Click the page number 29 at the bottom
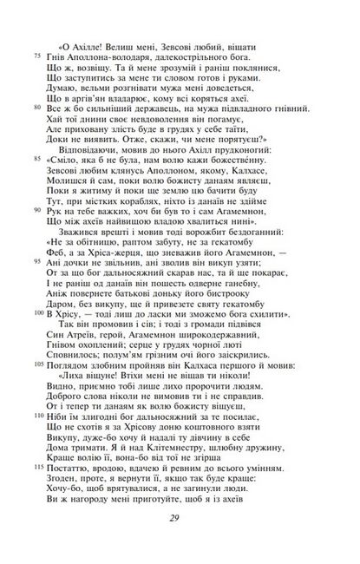[x=180, y=542]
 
